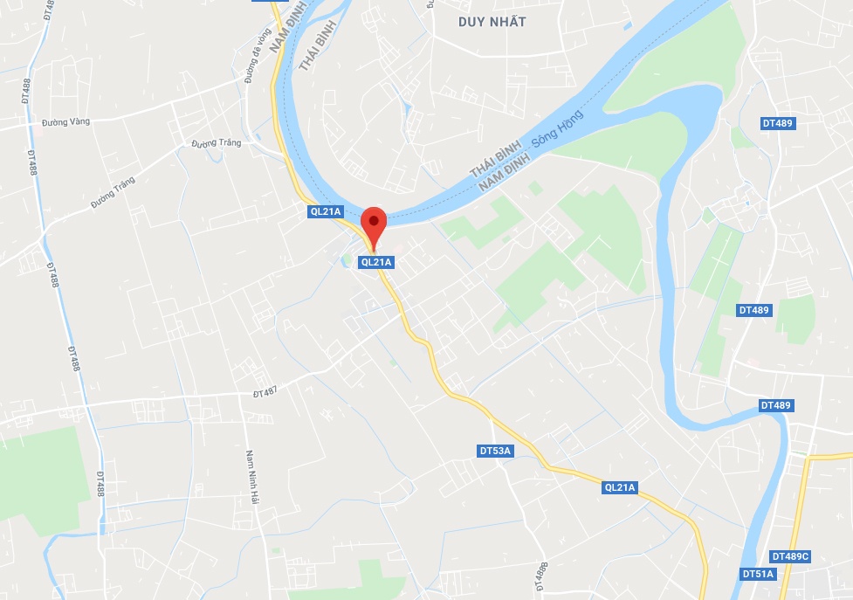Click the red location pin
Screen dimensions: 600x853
pos(374,224)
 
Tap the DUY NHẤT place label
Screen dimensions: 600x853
pos(492,22)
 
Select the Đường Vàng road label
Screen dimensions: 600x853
pos(66,121)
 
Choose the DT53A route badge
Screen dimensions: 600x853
pos(496,451)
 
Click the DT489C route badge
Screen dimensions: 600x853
pos(790,556)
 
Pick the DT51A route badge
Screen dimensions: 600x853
pos(758,574)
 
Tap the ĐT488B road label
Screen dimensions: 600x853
pos(541,576)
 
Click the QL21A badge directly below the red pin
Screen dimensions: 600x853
pos(377,261)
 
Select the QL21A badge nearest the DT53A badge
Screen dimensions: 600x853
pos(621,487)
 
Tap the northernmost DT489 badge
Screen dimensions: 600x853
pos(777,123)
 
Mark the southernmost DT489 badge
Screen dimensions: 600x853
pos(775,405)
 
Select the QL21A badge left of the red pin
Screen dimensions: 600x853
pos(326,210)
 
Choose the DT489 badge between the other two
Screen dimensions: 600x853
pos(754,310)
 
